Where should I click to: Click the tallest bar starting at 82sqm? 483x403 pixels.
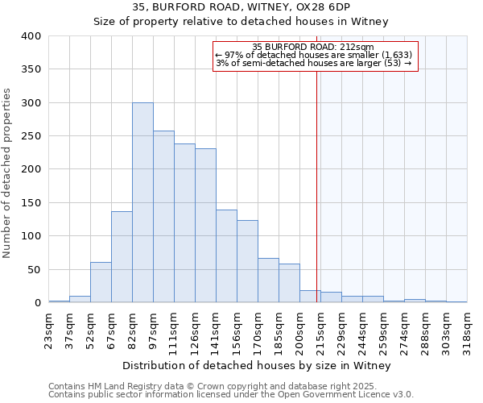point(142,202)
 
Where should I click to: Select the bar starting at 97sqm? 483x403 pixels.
point(163,217)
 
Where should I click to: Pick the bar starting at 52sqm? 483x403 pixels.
point(101,282)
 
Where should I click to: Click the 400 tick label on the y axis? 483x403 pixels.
point(31,36)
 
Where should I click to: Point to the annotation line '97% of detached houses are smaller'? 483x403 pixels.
point(314,55)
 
